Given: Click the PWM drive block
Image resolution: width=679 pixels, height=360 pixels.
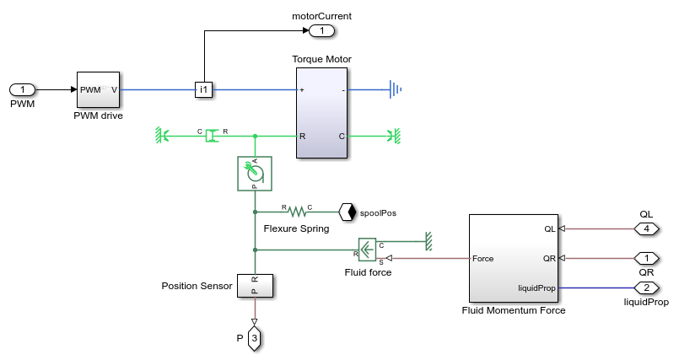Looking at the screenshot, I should (100, 89).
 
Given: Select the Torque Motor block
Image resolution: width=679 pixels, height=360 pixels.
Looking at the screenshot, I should (322, 112).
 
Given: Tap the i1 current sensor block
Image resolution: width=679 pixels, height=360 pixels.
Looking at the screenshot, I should (203, 89).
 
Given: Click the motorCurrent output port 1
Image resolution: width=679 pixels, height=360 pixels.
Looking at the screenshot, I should (321, 31).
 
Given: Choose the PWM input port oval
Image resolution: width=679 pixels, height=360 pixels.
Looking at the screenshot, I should (22, 89).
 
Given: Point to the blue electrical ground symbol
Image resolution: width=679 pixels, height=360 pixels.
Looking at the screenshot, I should (394, 89).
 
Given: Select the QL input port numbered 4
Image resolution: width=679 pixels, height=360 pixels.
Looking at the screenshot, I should (646, 228).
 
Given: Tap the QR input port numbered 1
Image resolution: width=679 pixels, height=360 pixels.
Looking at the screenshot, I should (646, 258).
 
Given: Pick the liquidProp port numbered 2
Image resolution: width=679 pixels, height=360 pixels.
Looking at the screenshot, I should (646, 287).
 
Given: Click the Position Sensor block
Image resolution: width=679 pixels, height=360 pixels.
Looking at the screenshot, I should (254, 285).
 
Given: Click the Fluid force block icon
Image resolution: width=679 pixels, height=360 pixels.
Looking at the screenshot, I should (369, 250).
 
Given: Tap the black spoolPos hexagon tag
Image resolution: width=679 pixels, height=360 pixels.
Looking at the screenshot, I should (346, 212).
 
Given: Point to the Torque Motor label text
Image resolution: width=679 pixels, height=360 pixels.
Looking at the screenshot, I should (321, 59).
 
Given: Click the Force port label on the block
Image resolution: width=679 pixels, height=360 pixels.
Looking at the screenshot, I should (483, 258).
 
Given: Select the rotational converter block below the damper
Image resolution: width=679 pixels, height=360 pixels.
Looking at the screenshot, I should (254, 173).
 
